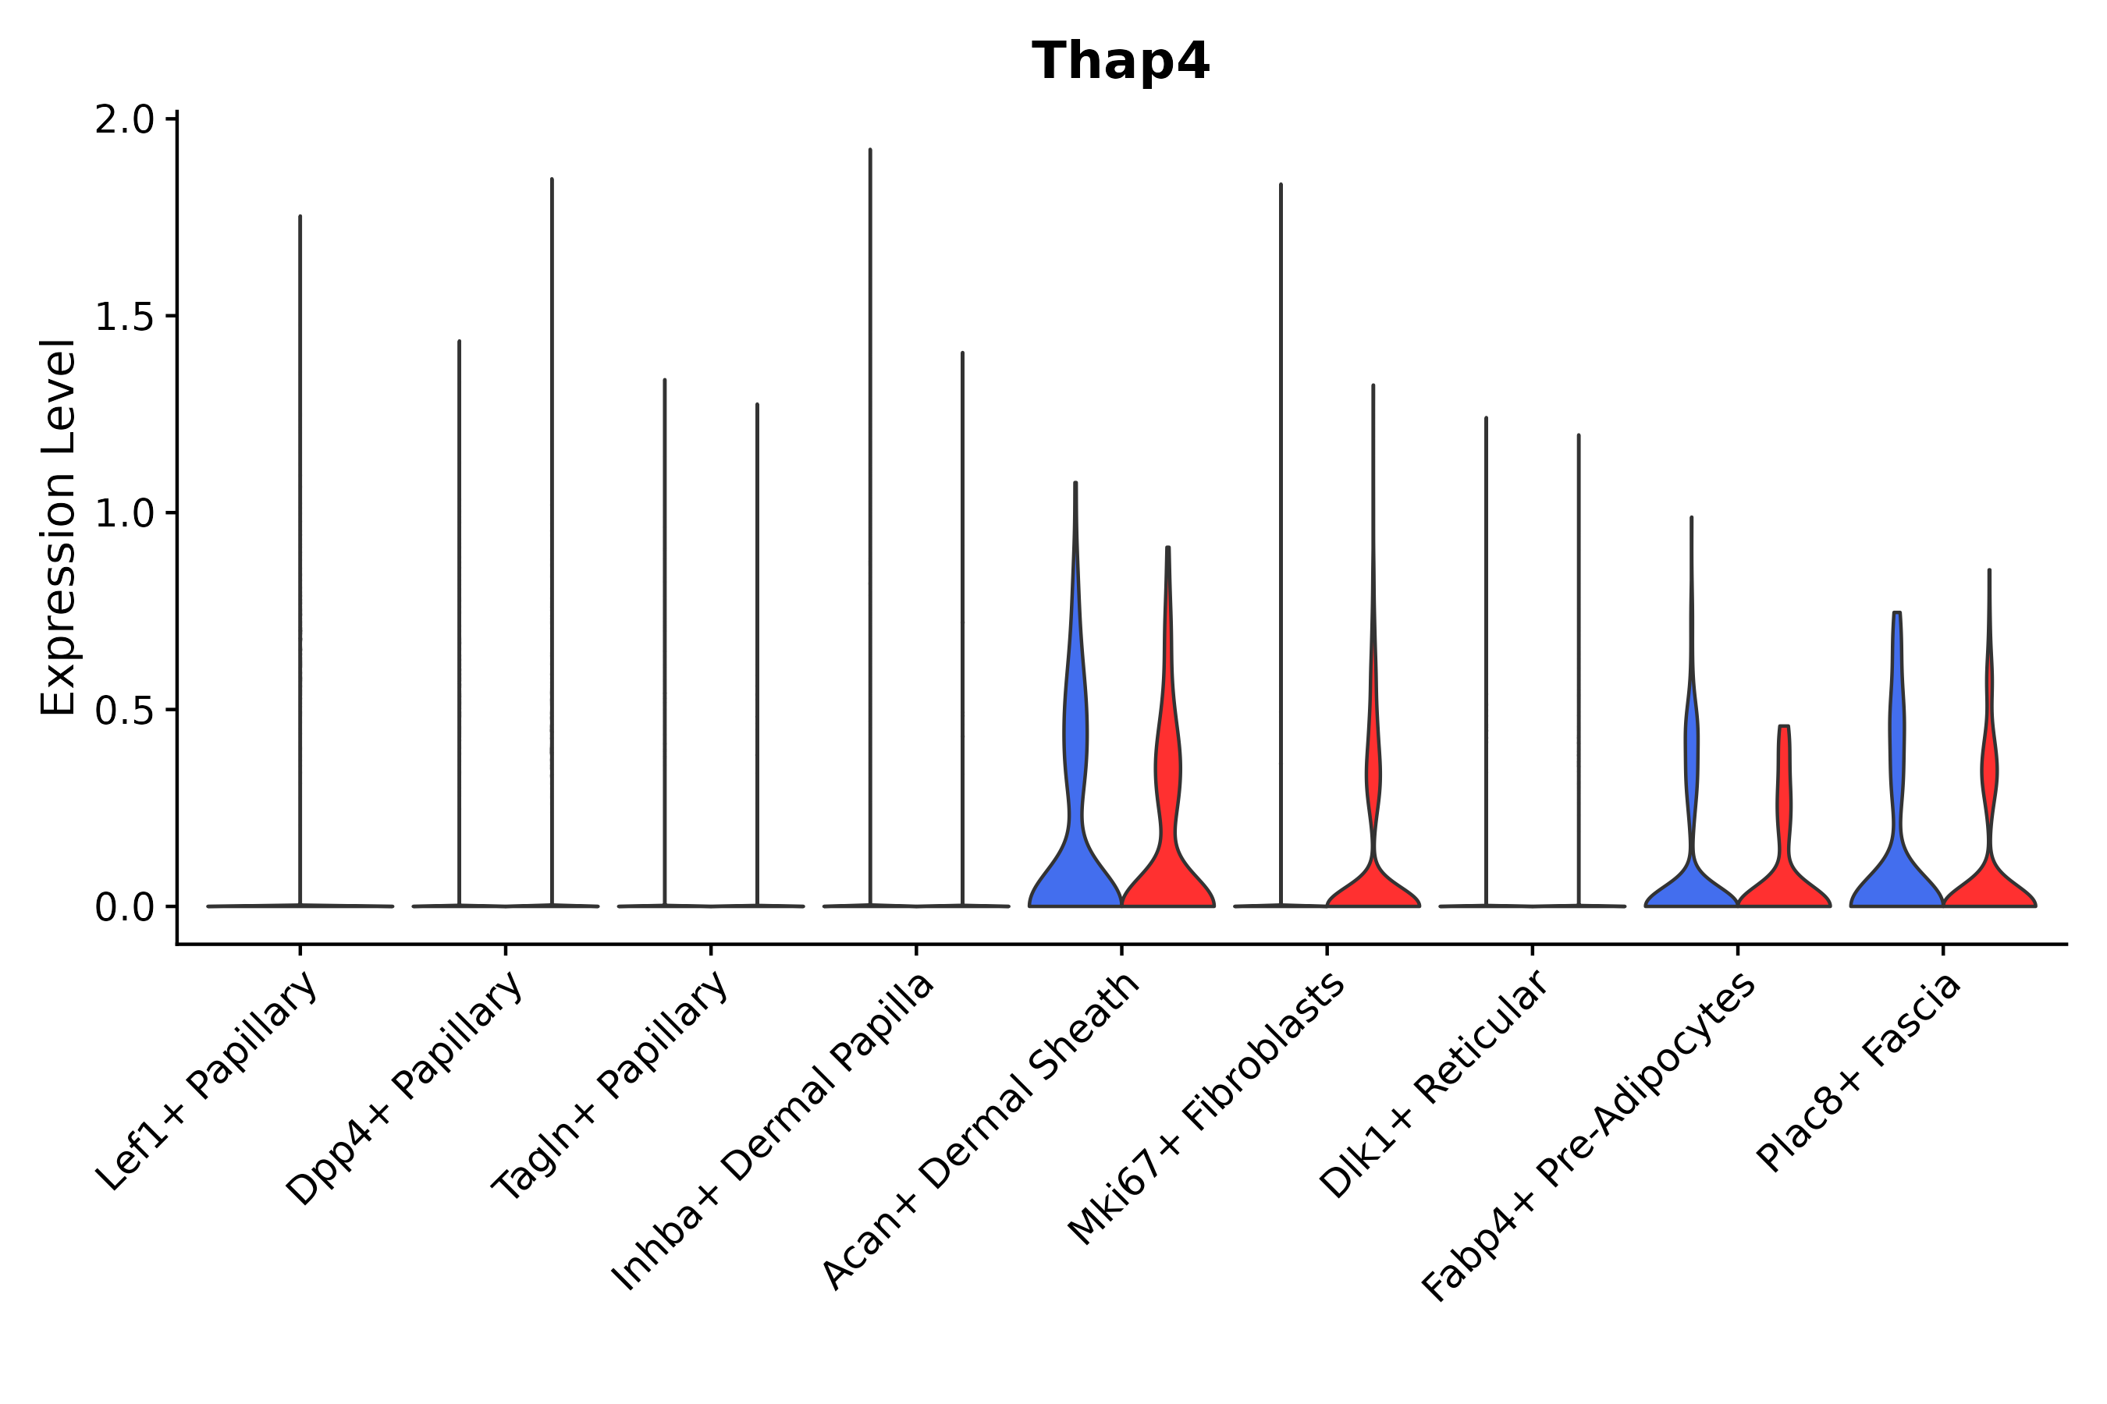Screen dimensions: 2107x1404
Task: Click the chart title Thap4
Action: click(x=1121, y=62)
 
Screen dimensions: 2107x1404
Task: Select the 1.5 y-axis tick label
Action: click(x=125, y=317)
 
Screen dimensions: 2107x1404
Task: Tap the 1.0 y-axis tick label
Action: click(x=125, y=514)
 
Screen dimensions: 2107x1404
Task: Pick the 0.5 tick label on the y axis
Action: click(x=125, y=711)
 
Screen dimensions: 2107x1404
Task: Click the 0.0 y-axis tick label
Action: click(x=125, y=908)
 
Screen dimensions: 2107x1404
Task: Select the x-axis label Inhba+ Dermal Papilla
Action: click(x=773, y=1132)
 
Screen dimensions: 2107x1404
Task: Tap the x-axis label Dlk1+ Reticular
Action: click(x=1434, y=1085)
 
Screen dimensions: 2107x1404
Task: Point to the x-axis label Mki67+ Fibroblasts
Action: click(x=1206, y=1108)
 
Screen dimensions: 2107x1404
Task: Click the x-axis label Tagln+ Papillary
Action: click(x=609, y=1086)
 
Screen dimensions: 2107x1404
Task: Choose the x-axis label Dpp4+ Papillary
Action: click(x=404, y=1089)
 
